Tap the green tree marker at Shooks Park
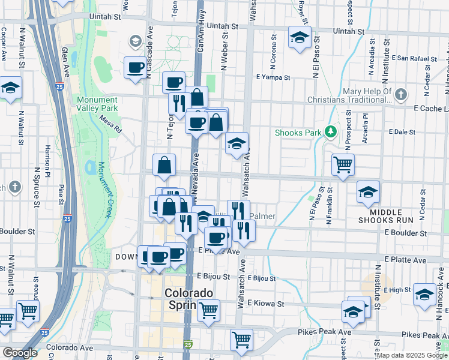(330, 131)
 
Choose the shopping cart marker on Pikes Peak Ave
(241, 339)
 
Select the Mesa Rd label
(110, 124)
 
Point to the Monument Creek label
(105, 189)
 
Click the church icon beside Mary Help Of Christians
(401, 95)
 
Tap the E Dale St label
(402, 131)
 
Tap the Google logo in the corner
(20, 353)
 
